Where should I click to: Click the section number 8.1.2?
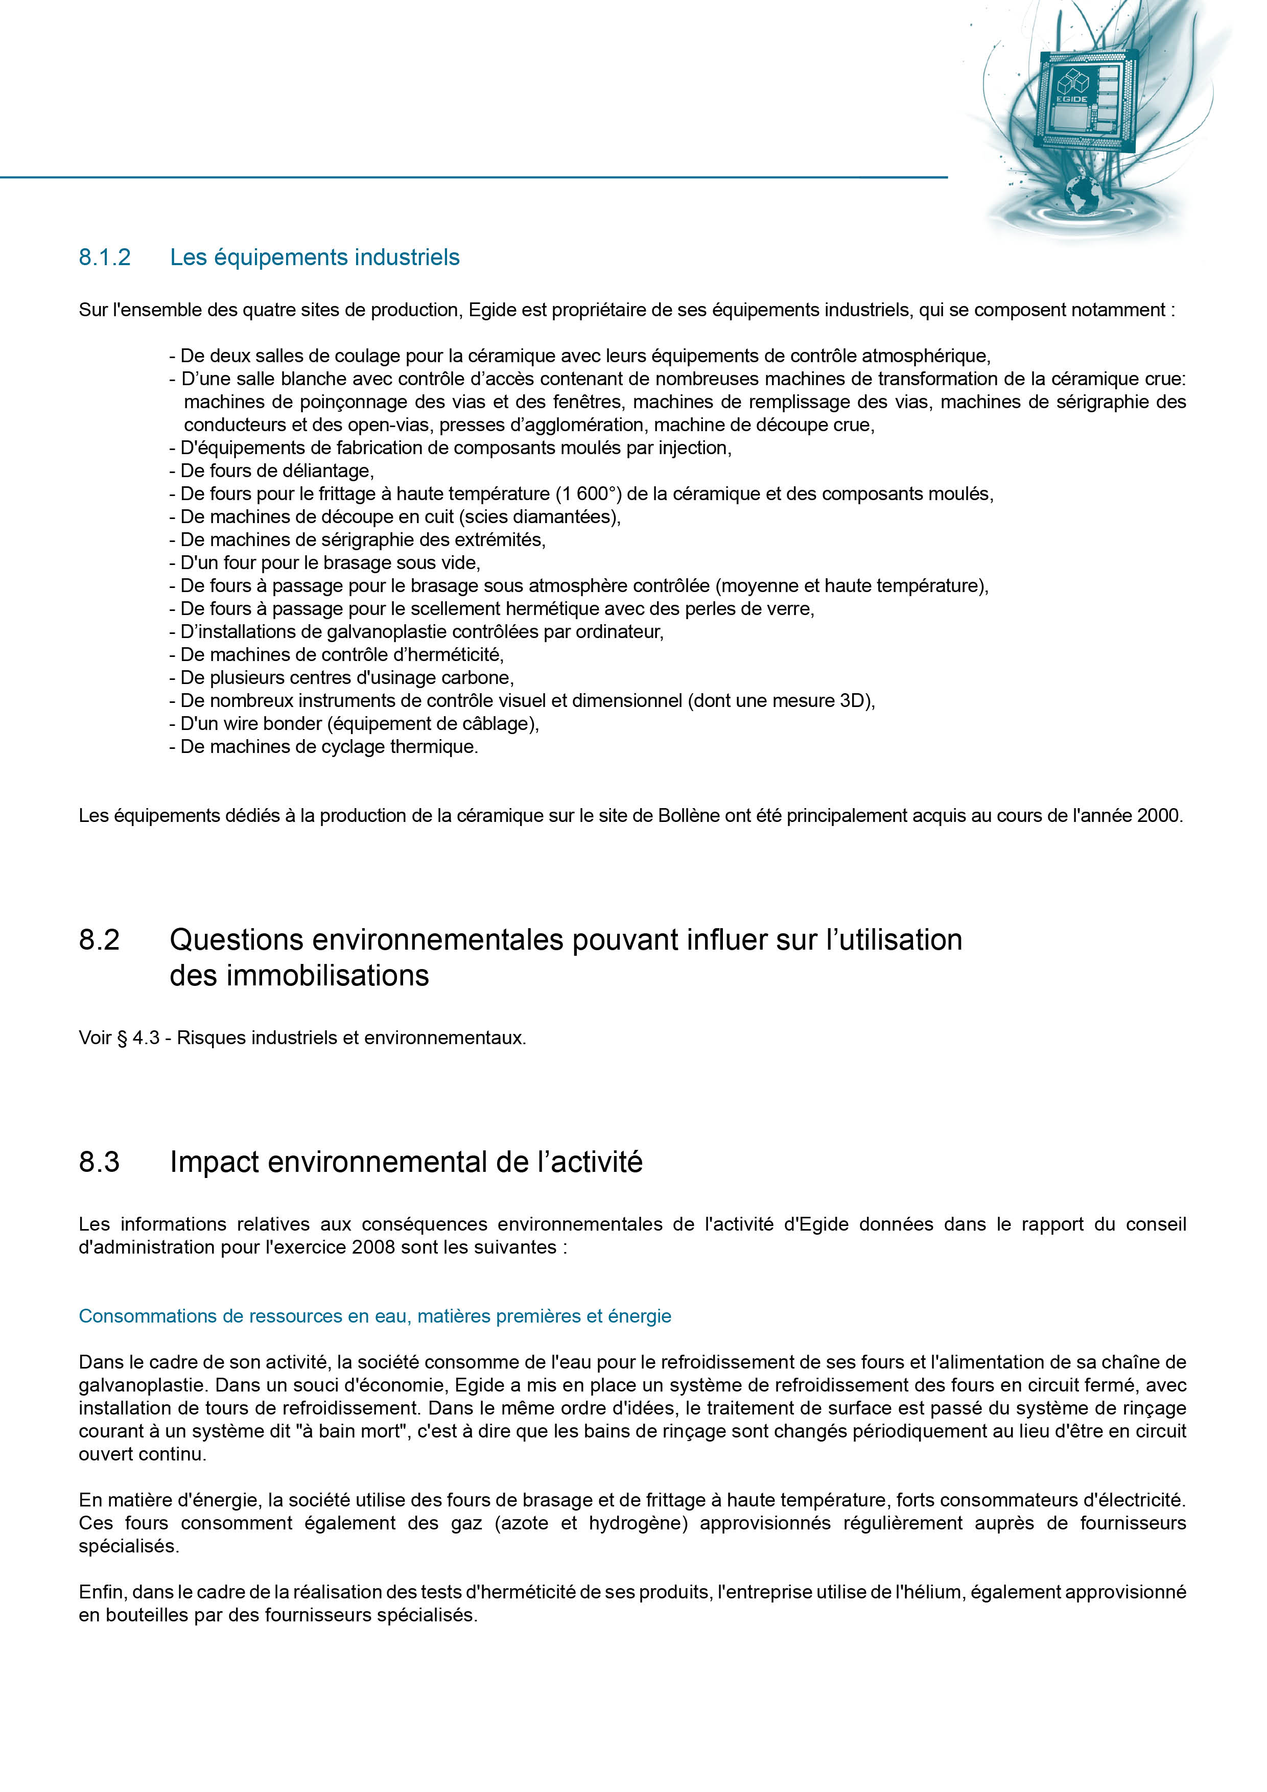pos(105,257)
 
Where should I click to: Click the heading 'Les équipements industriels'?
pos(315,257)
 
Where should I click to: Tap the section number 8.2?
pos(99,940)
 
